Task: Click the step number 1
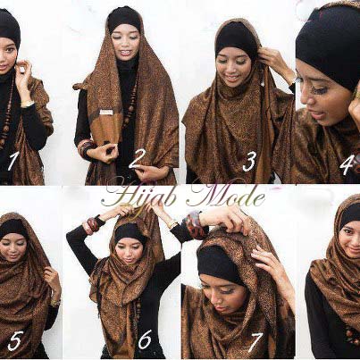[12, 162]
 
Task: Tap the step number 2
[138, 159]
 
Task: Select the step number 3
[249, 163]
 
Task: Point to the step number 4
[347, 165]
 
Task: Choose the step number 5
[14, 340]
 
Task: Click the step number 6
[145, 339]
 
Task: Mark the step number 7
[255, 342]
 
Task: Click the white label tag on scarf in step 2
[106, 112]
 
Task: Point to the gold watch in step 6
[172, 223]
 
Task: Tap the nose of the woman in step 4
[307, 100]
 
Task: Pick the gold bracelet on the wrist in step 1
[28, 104]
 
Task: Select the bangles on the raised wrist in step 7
[194, 223]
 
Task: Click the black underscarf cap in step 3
[237, 41]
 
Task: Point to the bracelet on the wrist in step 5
[55, 302]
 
